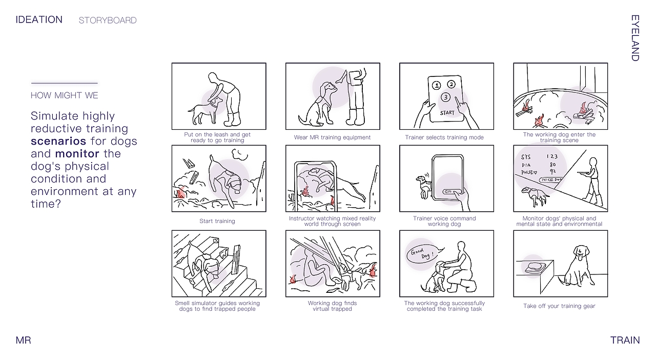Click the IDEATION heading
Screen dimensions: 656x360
[x=39, y=19]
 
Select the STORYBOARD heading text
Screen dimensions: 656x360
[x=108, y=20]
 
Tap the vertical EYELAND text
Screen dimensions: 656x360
[x=635, y=38]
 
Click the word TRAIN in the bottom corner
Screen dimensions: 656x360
[x=625, y=340]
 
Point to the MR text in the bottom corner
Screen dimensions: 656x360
[x=23, y=340]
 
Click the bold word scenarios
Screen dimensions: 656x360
[x=58, y=141]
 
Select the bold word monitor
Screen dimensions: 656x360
[x=77, y=154]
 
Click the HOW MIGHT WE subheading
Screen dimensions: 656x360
[x=65, y=95]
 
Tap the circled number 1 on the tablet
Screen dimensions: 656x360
[x=437, y=86]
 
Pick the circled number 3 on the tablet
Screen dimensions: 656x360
[x=445, y=97]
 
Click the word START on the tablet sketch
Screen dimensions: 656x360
[x=447, y=113]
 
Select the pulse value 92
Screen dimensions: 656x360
[x=552, y=171]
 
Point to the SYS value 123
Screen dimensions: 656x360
[x=552, y=156]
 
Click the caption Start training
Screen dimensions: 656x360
[x=217, y=221]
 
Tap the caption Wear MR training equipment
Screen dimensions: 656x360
[x=333, y=137]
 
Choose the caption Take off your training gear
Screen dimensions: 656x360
[x=559, y=306]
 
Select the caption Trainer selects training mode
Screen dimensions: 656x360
[x=444, y=137]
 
